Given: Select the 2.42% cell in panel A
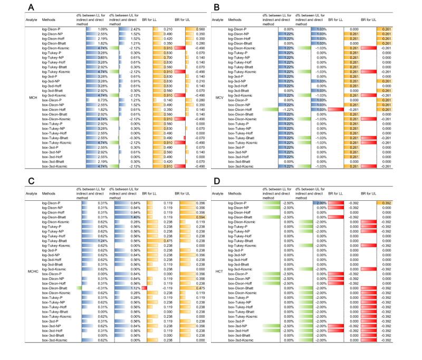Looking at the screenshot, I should click(x=132, y=30).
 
